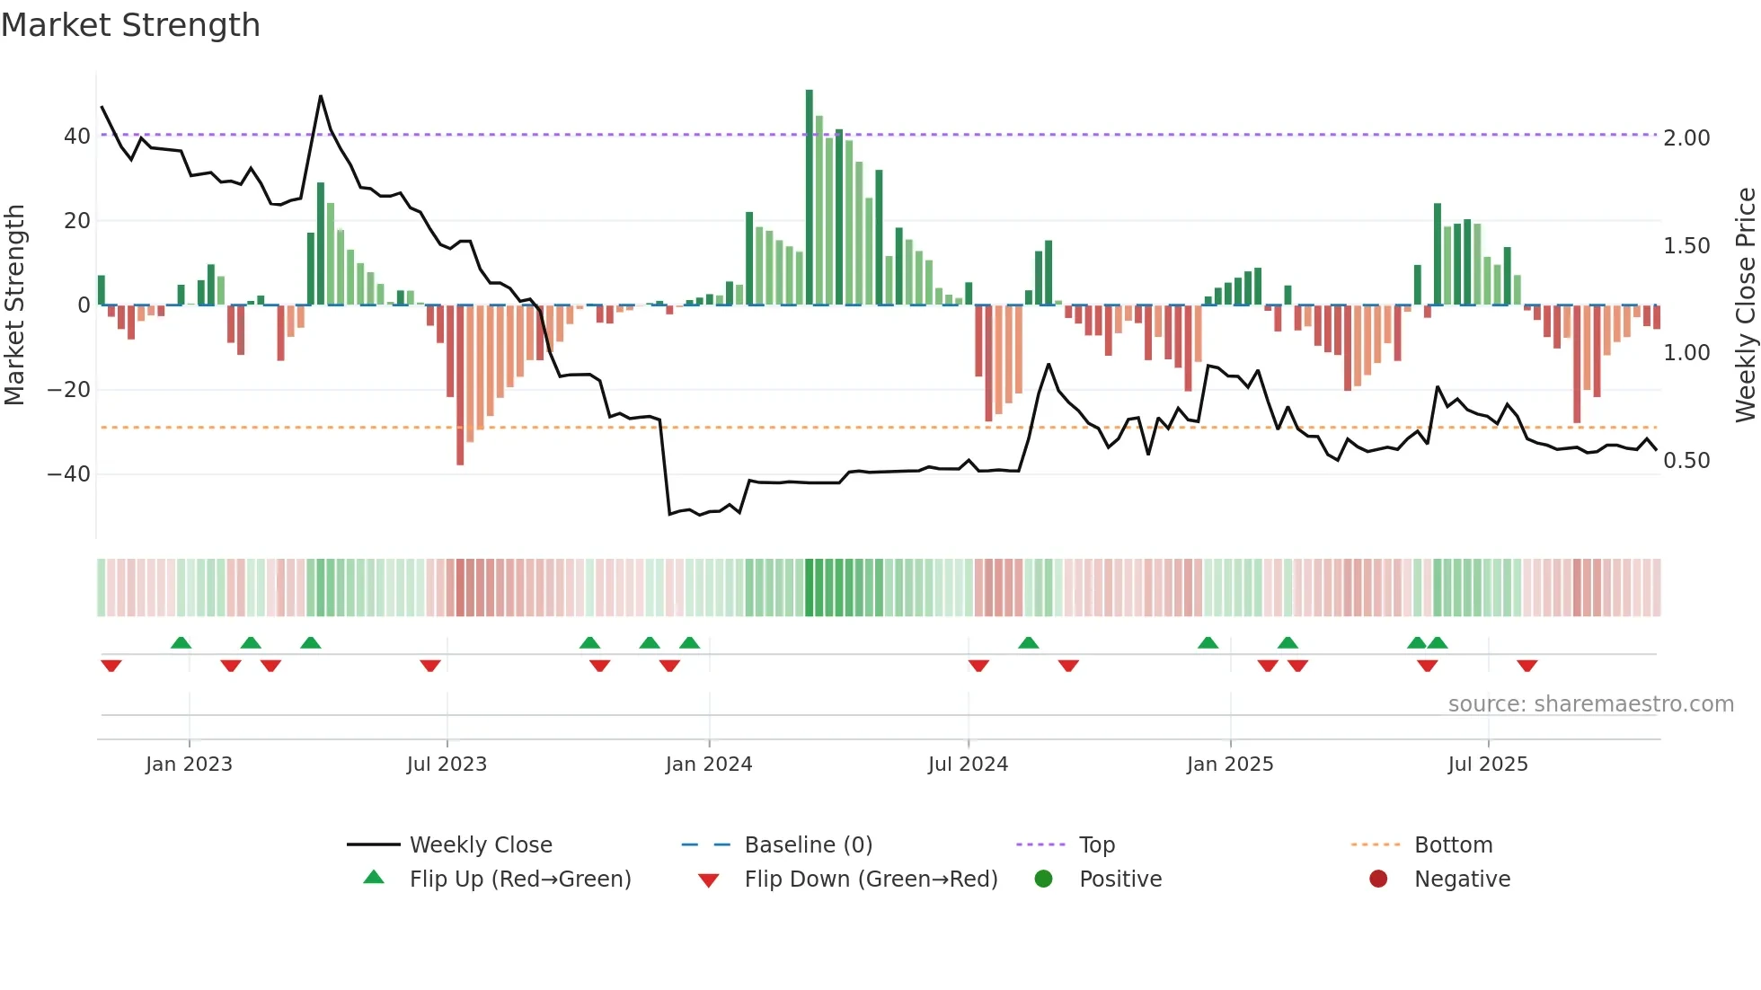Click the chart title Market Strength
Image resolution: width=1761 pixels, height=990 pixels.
[131, 25]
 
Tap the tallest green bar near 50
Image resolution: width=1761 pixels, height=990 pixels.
[809, 198]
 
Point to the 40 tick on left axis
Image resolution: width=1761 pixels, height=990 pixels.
[76, 137]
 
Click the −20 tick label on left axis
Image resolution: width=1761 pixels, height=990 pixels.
[69, 390]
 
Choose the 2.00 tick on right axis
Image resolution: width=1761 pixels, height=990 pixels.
[1686, 138]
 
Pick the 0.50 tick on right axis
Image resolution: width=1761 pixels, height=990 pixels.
[1686, 461]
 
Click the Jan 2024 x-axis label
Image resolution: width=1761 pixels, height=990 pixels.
[709, 765]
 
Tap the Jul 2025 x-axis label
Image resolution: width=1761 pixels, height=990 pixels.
[1488, 765]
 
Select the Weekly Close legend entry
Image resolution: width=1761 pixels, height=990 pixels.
[481, 845]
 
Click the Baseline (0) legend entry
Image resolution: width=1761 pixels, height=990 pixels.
[808, 845]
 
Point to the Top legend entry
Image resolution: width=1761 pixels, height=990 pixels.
[1096, 845]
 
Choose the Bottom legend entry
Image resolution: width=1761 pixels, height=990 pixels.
[1453, 845]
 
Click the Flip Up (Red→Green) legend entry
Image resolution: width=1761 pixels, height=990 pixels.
[520, 880]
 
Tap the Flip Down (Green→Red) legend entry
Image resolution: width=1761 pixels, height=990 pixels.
[871, 880]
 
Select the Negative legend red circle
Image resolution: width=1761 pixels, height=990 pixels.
[1378, 880]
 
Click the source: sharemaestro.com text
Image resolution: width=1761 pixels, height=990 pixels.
[1590, 704]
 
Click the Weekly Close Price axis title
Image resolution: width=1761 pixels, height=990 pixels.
[1745, 305]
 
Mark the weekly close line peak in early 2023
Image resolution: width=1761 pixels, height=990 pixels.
[321, 96]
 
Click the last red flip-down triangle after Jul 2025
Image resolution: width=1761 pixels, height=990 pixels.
[1526, 666]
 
